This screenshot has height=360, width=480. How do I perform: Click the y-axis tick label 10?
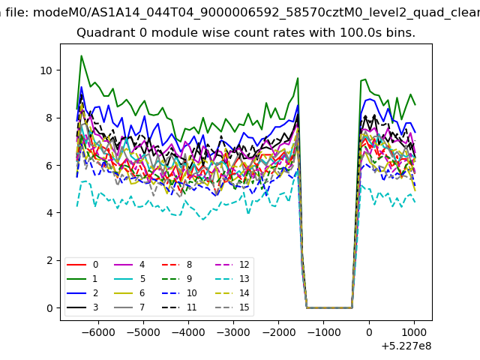click(46, 70)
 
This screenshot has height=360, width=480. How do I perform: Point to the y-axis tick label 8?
click(49, 118)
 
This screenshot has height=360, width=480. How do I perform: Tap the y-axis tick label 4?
click(49, 213)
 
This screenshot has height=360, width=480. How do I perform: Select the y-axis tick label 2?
click(49, 260)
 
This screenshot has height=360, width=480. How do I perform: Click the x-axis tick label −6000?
click(98, 332)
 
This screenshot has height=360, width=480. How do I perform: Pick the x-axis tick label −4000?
click(188, 332)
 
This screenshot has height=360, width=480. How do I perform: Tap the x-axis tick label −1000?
click(324, 332)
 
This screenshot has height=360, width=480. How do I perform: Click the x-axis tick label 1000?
click(414, 332)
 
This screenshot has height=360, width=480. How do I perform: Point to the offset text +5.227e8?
click(406, 346)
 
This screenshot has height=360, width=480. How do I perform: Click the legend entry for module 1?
click(82, 278)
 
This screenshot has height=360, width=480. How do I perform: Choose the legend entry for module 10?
click(179, 293)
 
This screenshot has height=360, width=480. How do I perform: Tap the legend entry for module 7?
click(130, 307)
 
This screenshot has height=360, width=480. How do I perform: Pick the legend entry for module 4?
click(130, 265)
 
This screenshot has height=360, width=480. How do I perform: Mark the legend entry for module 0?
click(82, 265)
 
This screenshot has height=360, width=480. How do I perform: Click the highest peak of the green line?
click(82, 55)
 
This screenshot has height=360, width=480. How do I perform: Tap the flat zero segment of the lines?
click(329, 307)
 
